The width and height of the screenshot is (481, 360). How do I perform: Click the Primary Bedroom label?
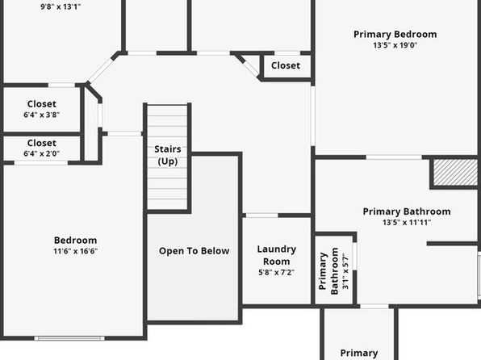(x=395, y=35)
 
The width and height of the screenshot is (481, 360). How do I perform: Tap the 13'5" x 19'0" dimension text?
(x=395, y=45)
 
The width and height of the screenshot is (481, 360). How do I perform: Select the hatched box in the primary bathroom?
(x=455, y=172)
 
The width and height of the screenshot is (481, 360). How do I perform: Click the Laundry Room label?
(x=276, y=255)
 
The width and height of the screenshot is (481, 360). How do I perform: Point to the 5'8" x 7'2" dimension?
(x=276, y=272)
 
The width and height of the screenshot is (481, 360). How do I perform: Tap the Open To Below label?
(x=194, y=251)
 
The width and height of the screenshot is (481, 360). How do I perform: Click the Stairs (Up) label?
(x=168, y=155)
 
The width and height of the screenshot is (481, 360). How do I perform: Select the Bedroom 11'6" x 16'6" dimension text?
(x=76, y=251)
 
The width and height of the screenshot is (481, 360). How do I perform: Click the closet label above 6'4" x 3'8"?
(x=42, y=104)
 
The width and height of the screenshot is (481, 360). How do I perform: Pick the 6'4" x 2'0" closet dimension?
(x=42, y=153)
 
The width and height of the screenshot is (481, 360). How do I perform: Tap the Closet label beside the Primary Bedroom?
(x=286, y=65)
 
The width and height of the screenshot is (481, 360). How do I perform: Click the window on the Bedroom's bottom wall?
(x=69, y=338)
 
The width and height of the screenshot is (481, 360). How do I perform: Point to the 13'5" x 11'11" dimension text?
(x=407, y=223)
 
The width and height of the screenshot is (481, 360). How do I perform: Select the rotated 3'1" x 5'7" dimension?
(x=345, y=271)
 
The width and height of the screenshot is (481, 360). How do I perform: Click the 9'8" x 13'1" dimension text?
(x=61, y=6)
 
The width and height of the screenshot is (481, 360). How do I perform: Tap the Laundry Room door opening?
(x=262, y=216)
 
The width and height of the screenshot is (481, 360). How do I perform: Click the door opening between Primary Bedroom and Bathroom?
(x=394, y=157)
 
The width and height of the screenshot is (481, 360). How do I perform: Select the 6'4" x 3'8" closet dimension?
(x=42, y=115)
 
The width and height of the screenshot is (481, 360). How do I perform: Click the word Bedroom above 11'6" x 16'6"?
(x=76, y=240)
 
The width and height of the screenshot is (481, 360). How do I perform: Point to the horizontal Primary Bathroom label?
(x=407, y=211)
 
